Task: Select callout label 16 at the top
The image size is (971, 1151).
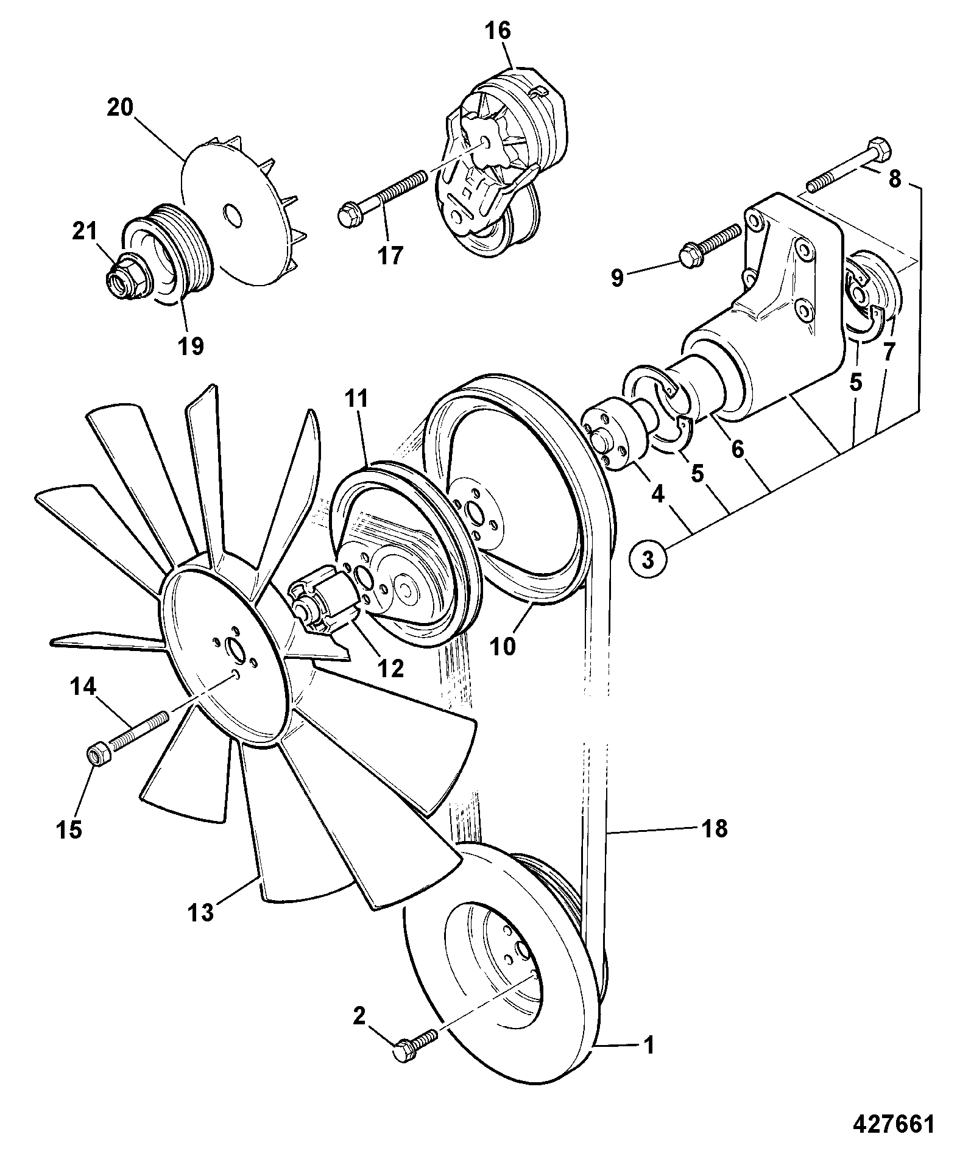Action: (x=498, y=30)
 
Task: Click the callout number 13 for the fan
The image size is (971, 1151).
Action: (x=200, y=930)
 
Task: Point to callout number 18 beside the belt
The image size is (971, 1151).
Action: (x=714, y=828)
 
